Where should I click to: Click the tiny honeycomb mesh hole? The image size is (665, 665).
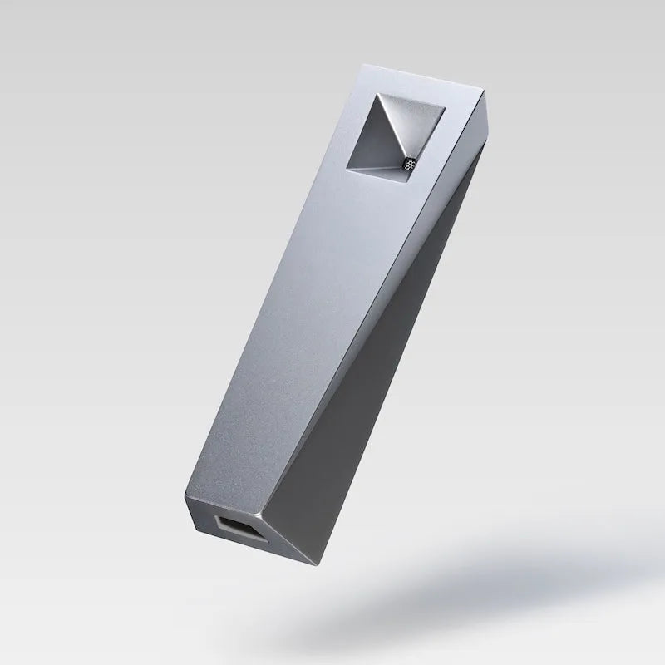(408, 164)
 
